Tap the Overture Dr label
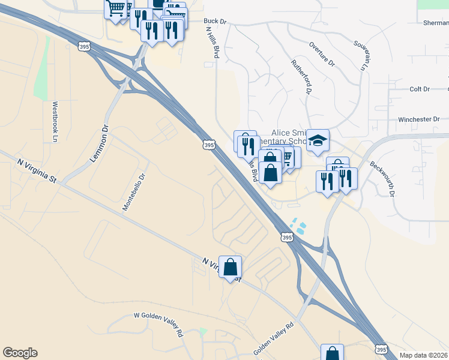321,53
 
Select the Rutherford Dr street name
301,76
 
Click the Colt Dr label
420,89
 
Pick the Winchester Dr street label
418,119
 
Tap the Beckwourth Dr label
382,178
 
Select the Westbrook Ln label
55,121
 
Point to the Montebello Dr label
134,193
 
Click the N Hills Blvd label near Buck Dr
211,42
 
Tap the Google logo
20,353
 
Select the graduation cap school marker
318,142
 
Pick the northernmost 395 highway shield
85,46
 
